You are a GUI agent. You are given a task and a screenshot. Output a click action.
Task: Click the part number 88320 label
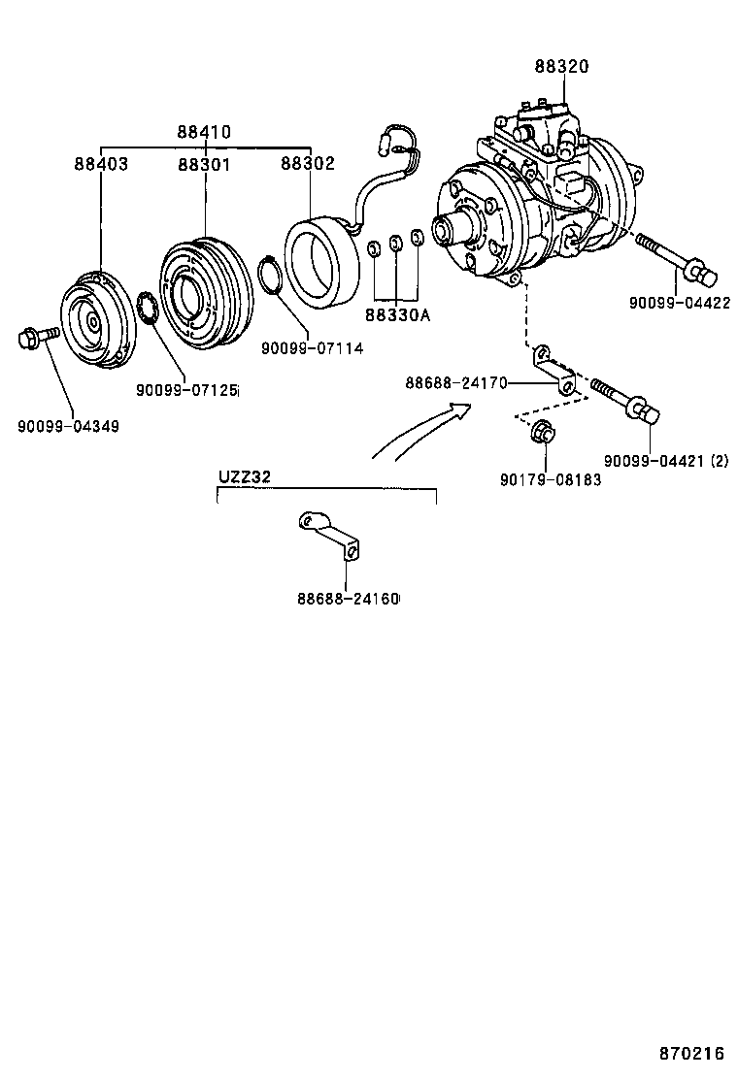(561, 67)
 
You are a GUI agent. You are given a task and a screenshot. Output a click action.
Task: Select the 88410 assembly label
(204, 132)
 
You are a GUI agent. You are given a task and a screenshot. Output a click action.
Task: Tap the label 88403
(101, 164)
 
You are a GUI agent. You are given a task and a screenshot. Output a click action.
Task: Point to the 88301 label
(204, 164)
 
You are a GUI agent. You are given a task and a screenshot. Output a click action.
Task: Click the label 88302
(308, 164)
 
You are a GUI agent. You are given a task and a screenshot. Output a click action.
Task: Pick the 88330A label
(398, 314)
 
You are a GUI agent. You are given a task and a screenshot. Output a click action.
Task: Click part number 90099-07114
(312, 347)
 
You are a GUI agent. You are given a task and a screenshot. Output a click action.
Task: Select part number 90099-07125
(186, 390)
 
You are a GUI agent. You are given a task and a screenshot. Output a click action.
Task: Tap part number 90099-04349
(68, 426)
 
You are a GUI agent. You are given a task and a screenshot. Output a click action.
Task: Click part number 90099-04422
(679, 302)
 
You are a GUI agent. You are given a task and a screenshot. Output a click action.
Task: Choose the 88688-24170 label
(456, 383)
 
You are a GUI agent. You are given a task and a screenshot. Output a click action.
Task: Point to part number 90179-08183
(551, 479)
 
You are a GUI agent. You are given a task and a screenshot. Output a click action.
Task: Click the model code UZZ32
(244, 476)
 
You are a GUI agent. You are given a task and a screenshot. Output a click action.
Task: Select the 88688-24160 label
(348, 598)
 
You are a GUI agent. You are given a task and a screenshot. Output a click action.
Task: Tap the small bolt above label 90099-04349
(36, 338)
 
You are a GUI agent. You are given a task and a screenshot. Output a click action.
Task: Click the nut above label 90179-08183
(545, 434)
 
